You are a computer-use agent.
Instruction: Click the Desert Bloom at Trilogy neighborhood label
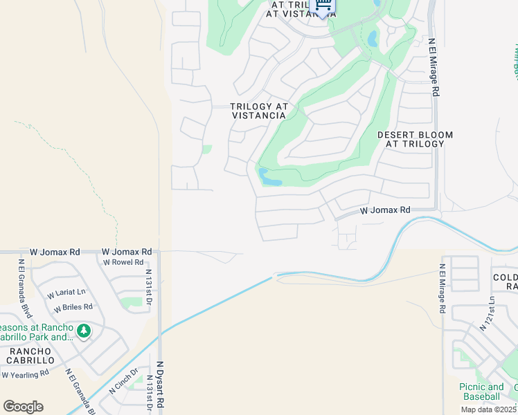(x=415, y=139)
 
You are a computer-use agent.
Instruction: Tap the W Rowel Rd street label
(x=123, y=262)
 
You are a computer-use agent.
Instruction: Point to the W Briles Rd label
(x=73, y=307)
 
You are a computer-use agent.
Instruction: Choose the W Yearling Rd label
(x=25, y=374)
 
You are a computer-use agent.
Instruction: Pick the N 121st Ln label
(x=491, y=311)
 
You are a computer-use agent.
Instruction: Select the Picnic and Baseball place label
(x=481, y=391)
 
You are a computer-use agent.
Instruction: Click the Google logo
(x=23, y=407)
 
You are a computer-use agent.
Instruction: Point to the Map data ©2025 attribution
(x=488, y=409)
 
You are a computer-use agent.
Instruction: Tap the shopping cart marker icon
(x=323, y=6)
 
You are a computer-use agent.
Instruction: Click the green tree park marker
(x=84, y=331)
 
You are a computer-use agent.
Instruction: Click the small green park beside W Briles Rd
(x=130, y=302)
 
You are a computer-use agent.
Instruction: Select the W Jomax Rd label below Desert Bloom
(x=385, y=210)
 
